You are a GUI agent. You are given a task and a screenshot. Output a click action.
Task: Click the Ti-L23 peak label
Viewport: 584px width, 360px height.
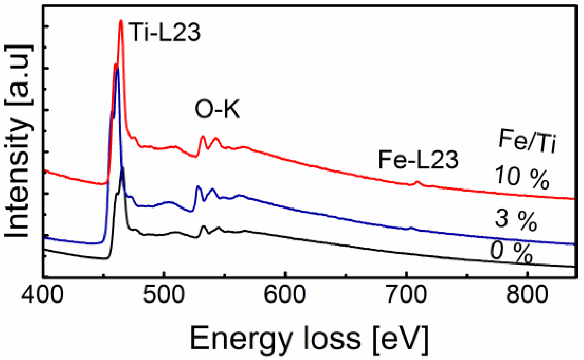(164, 32)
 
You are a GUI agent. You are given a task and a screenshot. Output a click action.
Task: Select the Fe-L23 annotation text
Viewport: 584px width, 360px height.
(418, 159)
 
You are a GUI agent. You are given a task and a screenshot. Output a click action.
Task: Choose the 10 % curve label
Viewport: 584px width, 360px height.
(521, 177)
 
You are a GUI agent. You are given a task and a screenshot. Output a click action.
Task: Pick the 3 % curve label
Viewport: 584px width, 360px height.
(516, 220)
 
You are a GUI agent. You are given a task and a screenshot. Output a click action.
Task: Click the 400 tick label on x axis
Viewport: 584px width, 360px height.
(42, 294)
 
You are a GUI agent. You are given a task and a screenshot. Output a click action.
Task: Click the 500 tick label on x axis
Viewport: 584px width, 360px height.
(163, 294)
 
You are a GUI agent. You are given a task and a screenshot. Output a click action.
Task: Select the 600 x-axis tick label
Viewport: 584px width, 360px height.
(284, 294)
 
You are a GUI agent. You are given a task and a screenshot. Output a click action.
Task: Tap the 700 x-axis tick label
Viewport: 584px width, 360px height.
(406, 294)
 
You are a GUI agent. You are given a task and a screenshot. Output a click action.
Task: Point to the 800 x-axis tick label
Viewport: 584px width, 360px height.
(527, 294)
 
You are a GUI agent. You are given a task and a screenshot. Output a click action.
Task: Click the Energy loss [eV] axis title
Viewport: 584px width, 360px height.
(309, 338)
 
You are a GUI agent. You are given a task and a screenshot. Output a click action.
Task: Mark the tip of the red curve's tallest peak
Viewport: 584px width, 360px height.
(121, 21)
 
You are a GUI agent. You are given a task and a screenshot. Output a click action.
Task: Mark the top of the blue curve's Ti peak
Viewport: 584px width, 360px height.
(117, 69)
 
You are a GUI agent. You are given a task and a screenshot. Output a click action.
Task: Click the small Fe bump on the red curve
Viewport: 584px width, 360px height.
(417, 182)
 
